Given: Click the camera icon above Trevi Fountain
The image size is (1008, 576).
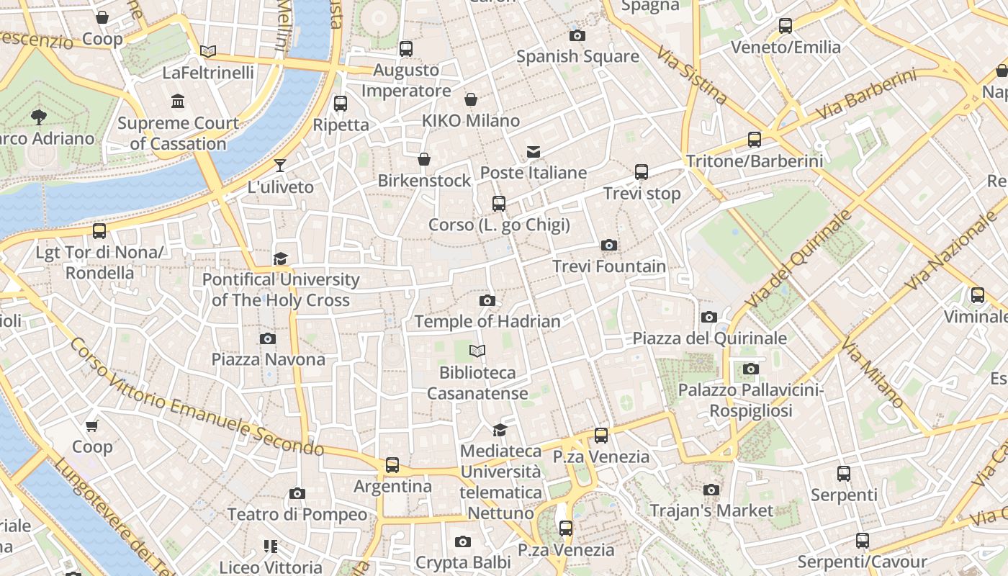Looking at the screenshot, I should pos(608,246).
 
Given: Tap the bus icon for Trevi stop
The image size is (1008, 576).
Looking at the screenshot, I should pos(641,172).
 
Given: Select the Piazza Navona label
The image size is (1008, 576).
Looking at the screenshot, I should pos(268,359).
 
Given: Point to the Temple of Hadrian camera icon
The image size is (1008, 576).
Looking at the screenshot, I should pos(487,300).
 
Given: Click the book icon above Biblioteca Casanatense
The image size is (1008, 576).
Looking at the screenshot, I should pos(477,351).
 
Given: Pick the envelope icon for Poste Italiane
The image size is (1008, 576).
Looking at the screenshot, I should pos(534,152).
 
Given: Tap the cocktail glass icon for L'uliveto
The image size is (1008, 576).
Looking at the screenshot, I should pos(280,166).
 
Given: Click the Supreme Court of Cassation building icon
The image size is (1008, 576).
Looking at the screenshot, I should pos(178,102).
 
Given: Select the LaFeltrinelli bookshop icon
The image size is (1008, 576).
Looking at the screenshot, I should pos(208,51).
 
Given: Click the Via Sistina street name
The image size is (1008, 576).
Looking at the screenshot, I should pos(691,74).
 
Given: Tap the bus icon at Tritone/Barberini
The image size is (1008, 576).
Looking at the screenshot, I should pos(754,140).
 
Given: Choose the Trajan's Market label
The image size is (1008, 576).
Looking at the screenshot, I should pos(711,510).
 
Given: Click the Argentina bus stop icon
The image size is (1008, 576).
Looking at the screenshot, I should pos(392,465).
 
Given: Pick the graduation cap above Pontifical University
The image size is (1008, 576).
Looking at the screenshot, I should pos(280,258).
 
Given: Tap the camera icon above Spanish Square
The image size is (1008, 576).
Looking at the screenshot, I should pos(577,35).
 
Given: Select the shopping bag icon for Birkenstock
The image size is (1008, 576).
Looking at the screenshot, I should pos(424,159).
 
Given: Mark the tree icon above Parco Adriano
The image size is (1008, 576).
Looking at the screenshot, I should pos(39,117).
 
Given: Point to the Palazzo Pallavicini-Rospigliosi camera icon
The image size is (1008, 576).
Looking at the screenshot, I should pos(751,369).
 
